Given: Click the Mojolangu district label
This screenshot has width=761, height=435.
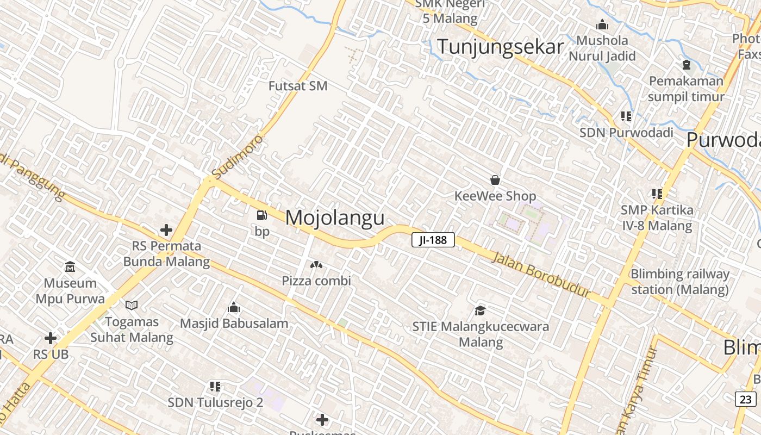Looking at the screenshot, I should point(335,217).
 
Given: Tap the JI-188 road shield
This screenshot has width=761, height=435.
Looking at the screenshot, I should point(433,240).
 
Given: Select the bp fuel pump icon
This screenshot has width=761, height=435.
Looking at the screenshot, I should point(262,215).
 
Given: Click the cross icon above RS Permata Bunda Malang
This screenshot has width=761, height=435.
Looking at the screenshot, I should point(166,230).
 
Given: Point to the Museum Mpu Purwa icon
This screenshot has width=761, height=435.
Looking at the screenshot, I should point(70,267).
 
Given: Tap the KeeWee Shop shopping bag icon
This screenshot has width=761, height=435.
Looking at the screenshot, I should point(495,179).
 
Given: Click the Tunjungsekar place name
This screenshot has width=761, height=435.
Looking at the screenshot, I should point(500,47).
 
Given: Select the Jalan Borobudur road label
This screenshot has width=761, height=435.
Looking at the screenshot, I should point(541,274).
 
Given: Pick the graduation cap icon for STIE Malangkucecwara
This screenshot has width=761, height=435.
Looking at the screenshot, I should point(480,310).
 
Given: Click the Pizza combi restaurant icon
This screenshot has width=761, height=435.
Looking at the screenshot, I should point(316,265).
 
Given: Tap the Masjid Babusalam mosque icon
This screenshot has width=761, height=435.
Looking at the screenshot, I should point(234,308).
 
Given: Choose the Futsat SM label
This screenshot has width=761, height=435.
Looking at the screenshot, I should point(298,86).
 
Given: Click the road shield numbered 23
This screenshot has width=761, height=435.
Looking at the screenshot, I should point(746,399).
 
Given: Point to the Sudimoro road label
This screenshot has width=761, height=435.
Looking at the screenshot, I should point(238,157).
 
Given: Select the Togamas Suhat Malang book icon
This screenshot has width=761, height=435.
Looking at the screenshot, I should point(132,306).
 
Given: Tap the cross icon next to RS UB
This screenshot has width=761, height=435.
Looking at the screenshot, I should point(51,338).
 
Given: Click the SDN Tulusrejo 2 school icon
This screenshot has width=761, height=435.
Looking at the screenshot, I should point(215,387).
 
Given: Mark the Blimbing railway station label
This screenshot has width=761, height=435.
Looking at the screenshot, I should point(679,282).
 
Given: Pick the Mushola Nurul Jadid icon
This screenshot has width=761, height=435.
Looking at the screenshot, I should point(602,25).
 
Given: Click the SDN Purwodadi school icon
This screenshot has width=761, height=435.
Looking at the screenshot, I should point(626,116).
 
